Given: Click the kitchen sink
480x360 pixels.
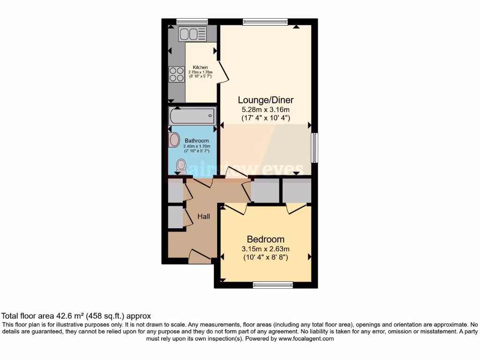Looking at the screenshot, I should coord(192,34).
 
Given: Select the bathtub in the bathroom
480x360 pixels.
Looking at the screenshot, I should coord(192,115).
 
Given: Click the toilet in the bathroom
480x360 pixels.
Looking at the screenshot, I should coord(181,165).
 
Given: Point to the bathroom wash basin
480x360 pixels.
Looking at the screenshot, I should coord(174,140).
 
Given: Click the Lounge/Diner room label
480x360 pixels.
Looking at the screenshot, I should coord(265,100).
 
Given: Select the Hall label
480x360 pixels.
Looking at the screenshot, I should coord(203,217).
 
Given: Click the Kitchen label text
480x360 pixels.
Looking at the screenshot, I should coord(200,67).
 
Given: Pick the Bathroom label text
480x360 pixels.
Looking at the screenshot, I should coord(196,141).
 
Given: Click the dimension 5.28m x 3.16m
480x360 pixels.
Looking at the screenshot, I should coord(265,110).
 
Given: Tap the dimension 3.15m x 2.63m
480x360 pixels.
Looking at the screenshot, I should coord(265,248).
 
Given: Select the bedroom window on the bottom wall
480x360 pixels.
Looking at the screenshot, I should coord(272,284).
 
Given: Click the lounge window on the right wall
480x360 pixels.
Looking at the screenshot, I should coord(315,148).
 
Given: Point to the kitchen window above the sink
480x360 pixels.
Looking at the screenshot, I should coord(192,21).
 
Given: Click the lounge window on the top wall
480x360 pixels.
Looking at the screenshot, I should coord(265,21).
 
